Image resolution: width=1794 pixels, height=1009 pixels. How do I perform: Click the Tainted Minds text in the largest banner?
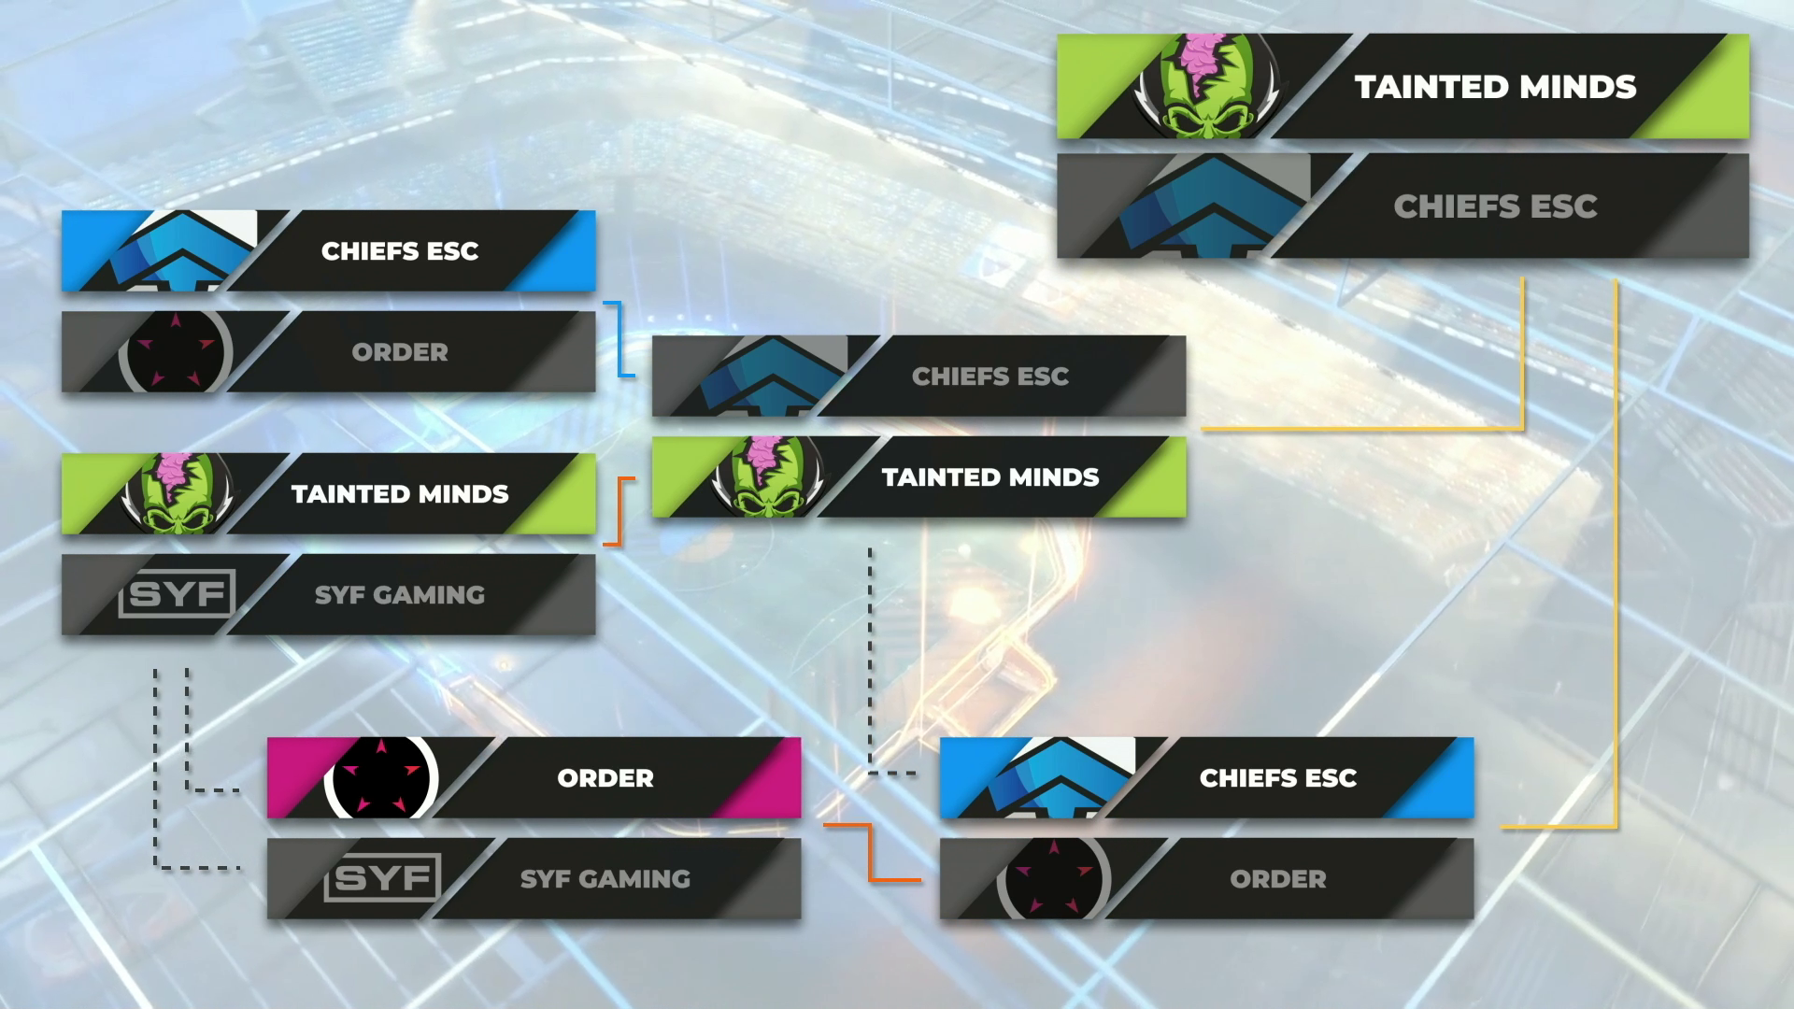point(1495,87)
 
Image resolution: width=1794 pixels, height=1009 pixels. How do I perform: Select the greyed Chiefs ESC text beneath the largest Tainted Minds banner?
point(1495,206)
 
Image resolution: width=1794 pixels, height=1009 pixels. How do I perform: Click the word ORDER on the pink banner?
point(605,778)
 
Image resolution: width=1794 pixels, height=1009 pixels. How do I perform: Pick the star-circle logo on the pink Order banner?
point(380,778)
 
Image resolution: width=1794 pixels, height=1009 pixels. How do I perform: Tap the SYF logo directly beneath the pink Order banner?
point(382,878)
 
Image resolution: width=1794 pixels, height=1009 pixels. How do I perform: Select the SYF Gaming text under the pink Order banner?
point(605,879)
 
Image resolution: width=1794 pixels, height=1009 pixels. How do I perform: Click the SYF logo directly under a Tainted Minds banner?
point(177,594)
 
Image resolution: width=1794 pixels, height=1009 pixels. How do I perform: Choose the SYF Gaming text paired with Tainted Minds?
point(400,595)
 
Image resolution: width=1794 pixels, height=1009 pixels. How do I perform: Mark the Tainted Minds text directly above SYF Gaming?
point(400,494)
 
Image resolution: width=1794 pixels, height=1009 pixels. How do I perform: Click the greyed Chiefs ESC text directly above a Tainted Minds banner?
point(990,377)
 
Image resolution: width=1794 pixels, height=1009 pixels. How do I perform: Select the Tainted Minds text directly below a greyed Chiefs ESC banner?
point(990,477)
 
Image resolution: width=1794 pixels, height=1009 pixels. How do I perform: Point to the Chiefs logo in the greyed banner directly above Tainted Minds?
point(771,377)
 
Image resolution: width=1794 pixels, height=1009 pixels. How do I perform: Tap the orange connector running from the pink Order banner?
point(871,852)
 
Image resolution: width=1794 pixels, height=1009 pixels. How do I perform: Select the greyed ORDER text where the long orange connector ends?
point(1278,879)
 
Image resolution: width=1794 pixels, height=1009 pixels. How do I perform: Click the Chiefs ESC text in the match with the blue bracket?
point(400,251)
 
